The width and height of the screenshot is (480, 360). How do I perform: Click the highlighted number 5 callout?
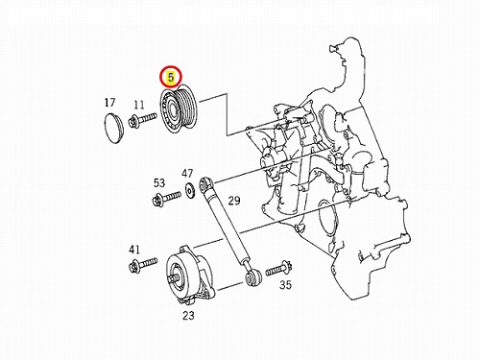[171, 78]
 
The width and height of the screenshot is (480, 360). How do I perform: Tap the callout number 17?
[109, 103]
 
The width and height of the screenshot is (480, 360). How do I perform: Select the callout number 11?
[139, 105]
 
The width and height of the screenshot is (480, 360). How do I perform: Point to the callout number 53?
[159, 183]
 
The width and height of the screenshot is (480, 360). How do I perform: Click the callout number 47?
[187, 174]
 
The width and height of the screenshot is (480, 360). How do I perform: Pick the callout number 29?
[234, 201]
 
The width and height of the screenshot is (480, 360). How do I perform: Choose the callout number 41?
[134, 250]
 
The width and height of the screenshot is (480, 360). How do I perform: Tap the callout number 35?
[286, 284]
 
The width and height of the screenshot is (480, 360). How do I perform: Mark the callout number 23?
[188, 316]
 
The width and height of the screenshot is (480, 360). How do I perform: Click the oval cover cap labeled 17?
[113, 129]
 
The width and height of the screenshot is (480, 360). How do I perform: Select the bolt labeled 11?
[143, 119]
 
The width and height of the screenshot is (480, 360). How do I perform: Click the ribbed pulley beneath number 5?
[179, 109]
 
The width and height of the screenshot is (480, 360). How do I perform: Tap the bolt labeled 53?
[167, 198]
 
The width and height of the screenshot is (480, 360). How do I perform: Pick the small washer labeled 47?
[190, 191]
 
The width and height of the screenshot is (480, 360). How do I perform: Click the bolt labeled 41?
[143, 265]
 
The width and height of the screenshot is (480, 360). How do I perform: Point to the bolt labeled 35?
[278, 270]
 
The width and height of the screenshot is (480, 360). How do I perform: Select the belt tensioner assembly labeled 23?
[190, 275]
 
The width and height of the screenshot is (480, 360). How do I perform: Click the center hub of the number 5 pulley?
[173, 109]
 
